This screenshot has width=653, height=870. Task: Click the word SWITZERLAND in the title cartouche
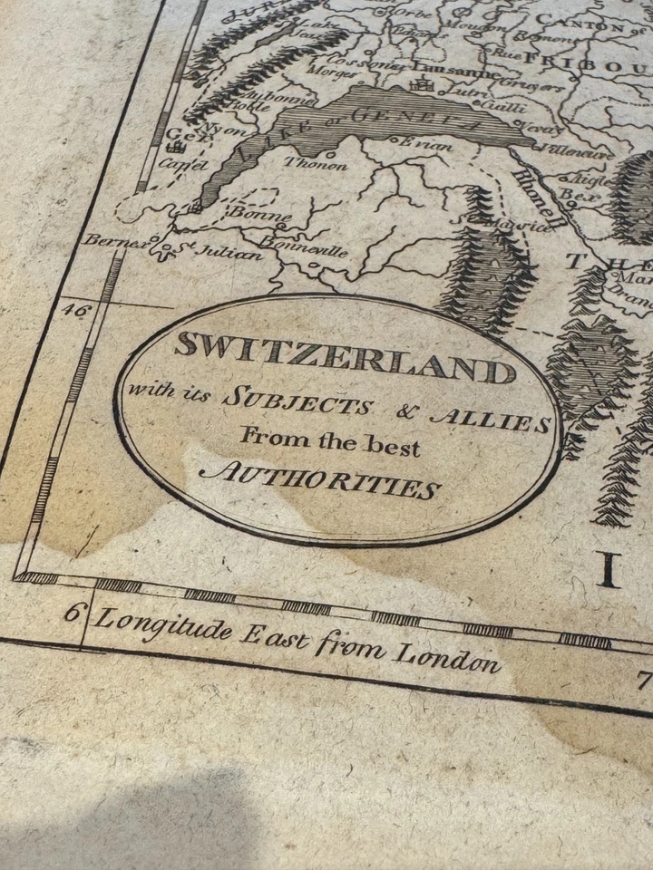pyautogui.click(x=345, y=356)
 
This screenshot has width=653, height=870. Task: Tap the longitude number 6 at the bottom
pyautogui.click(x=72, y=611)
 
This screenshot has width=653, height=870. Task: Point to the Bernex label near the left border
pyautogui.click(x=107, y=240)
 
